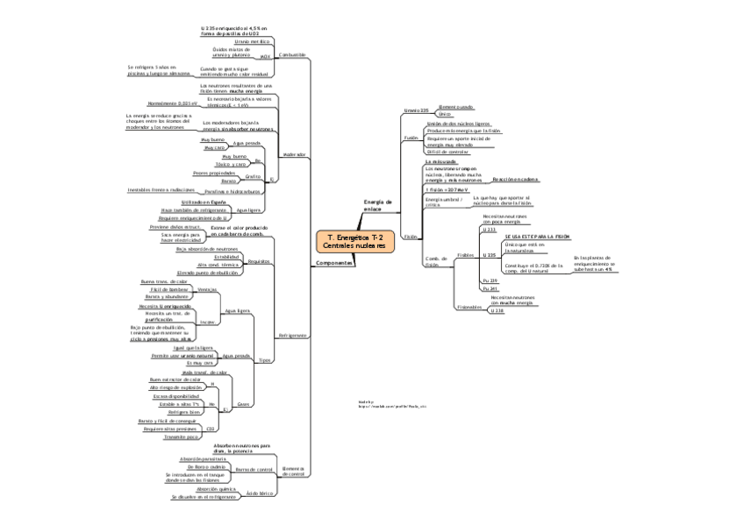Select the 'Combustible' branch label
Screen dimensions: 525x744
(291, 54)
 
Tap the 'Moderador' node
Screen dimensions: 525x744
(294, 154)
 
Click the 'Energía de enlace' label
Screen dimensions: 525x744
(376, 205)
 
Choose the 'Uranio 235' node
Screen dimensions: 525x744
(415, 110)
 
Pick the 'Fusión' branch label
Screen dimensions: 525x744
(411, 138)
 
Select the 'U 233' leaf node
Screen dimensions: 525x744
(489, 229)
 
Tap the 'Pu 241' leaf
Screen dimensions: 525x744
(489, 288)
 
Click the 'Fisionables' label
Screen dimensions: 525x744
(468, 307)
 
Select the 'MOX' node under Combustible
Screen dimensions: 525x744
(264, 55)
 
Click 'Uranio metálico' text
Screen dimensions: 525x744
(254, 40)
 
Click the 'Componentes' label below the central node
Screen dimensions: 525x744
(333, 263)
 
